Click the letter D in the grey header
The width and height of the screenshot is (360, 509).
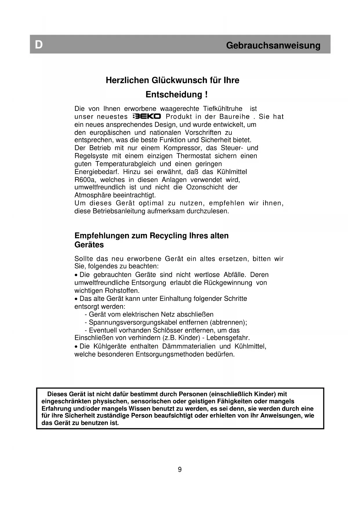click(39, 45)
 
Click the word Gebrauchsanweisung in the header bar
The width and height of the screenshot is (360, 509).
click(273, 46)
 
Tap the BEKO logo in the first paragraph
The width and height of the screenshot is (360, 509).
click(146, 117)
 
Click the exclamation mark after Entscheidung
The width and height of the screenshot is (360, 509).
click(206, 95)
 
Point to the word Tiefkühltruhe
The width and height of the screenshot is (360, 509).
click(222, 109)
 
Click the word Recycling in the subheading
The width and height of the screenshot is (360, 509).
click(168, 236)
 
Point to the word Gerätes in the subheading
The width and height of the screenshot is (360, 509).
click(89, 245)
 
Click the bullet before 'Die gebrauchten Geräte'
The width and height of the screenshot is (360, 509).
click(76, 275)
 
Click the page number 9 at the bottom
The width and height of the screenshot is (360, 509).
click(180, 470)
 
